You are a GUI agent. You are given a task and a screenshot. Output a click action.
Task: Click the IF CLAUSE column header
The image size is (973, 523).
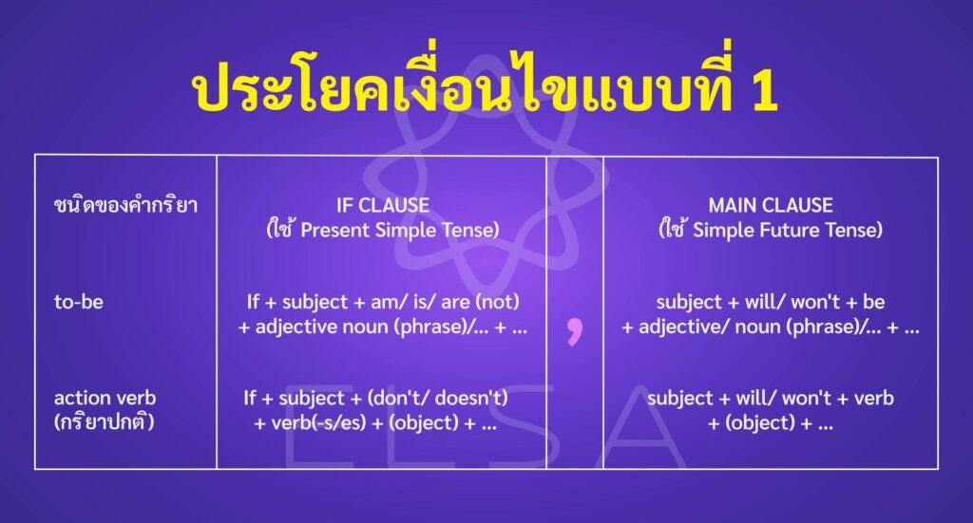tap(383, 205)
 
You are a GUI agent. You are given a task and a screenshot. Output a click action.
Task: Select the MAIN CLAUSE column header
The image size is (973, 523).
tap(771, 205)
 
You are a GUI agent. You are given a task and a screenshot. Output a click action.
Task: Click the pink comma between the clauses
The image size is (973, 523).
tap(573, 330)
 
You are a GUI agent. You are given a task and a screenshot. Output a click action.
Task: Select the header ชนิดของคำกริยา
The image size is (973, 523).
tap(125, 205)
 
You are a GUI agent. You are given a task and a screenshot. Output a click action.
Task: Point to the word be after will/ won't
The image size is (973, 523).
tap(873, 302)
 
